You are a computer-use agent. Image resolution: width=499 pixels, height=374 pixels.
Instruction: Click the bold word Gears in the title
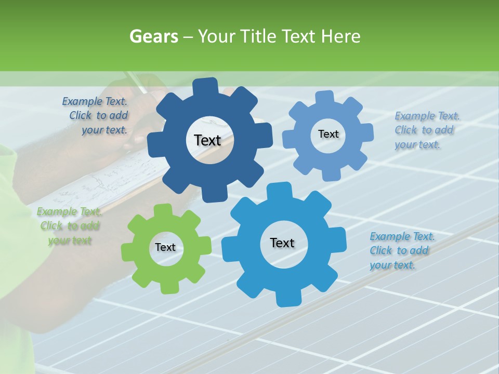[x=153, y=37]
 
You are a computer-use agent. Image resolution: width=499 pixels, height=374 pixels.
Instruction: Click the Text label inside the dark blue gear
[x=207, y=140]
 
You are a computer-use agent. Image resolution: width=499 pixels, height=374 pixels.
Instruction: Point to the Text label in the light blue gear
[x=328, y=134]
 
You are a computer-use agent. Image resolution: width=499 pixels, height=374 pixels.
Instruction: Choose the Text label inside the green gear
[x=165, y=248]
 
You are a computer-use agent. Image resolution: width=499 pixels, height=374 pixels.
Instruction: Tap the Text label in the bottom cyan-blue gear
[x=282, y=243]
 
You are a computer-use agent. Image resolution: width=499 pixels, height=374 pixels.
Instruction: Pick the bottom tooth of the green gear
[x=168, y=287]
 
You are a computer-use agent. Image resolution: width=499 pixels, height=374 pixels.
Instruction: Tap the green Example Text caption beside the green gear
[x=69, y=226]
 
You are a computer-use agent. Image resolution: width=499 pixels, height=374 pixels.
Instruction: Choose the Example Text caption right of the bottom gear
[x=401, y=250]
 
